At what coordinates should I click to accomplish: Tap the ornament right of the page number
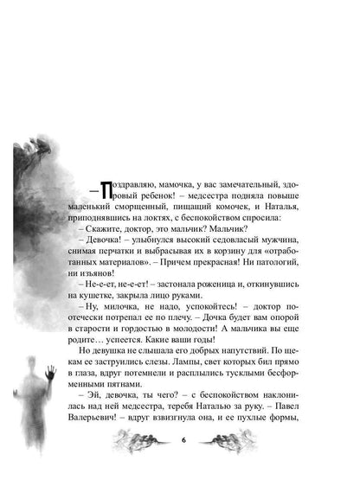(222, 438)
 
